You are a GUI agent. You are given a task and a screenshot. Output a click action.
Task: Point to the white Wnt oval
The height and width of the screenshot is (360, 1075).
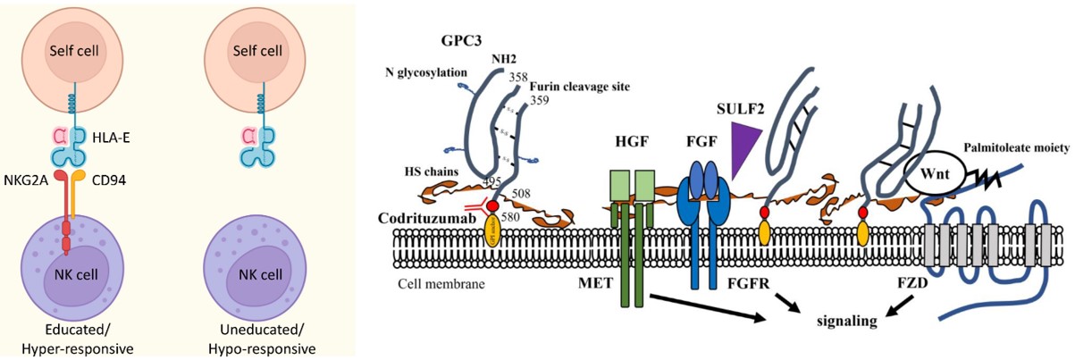920,170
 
